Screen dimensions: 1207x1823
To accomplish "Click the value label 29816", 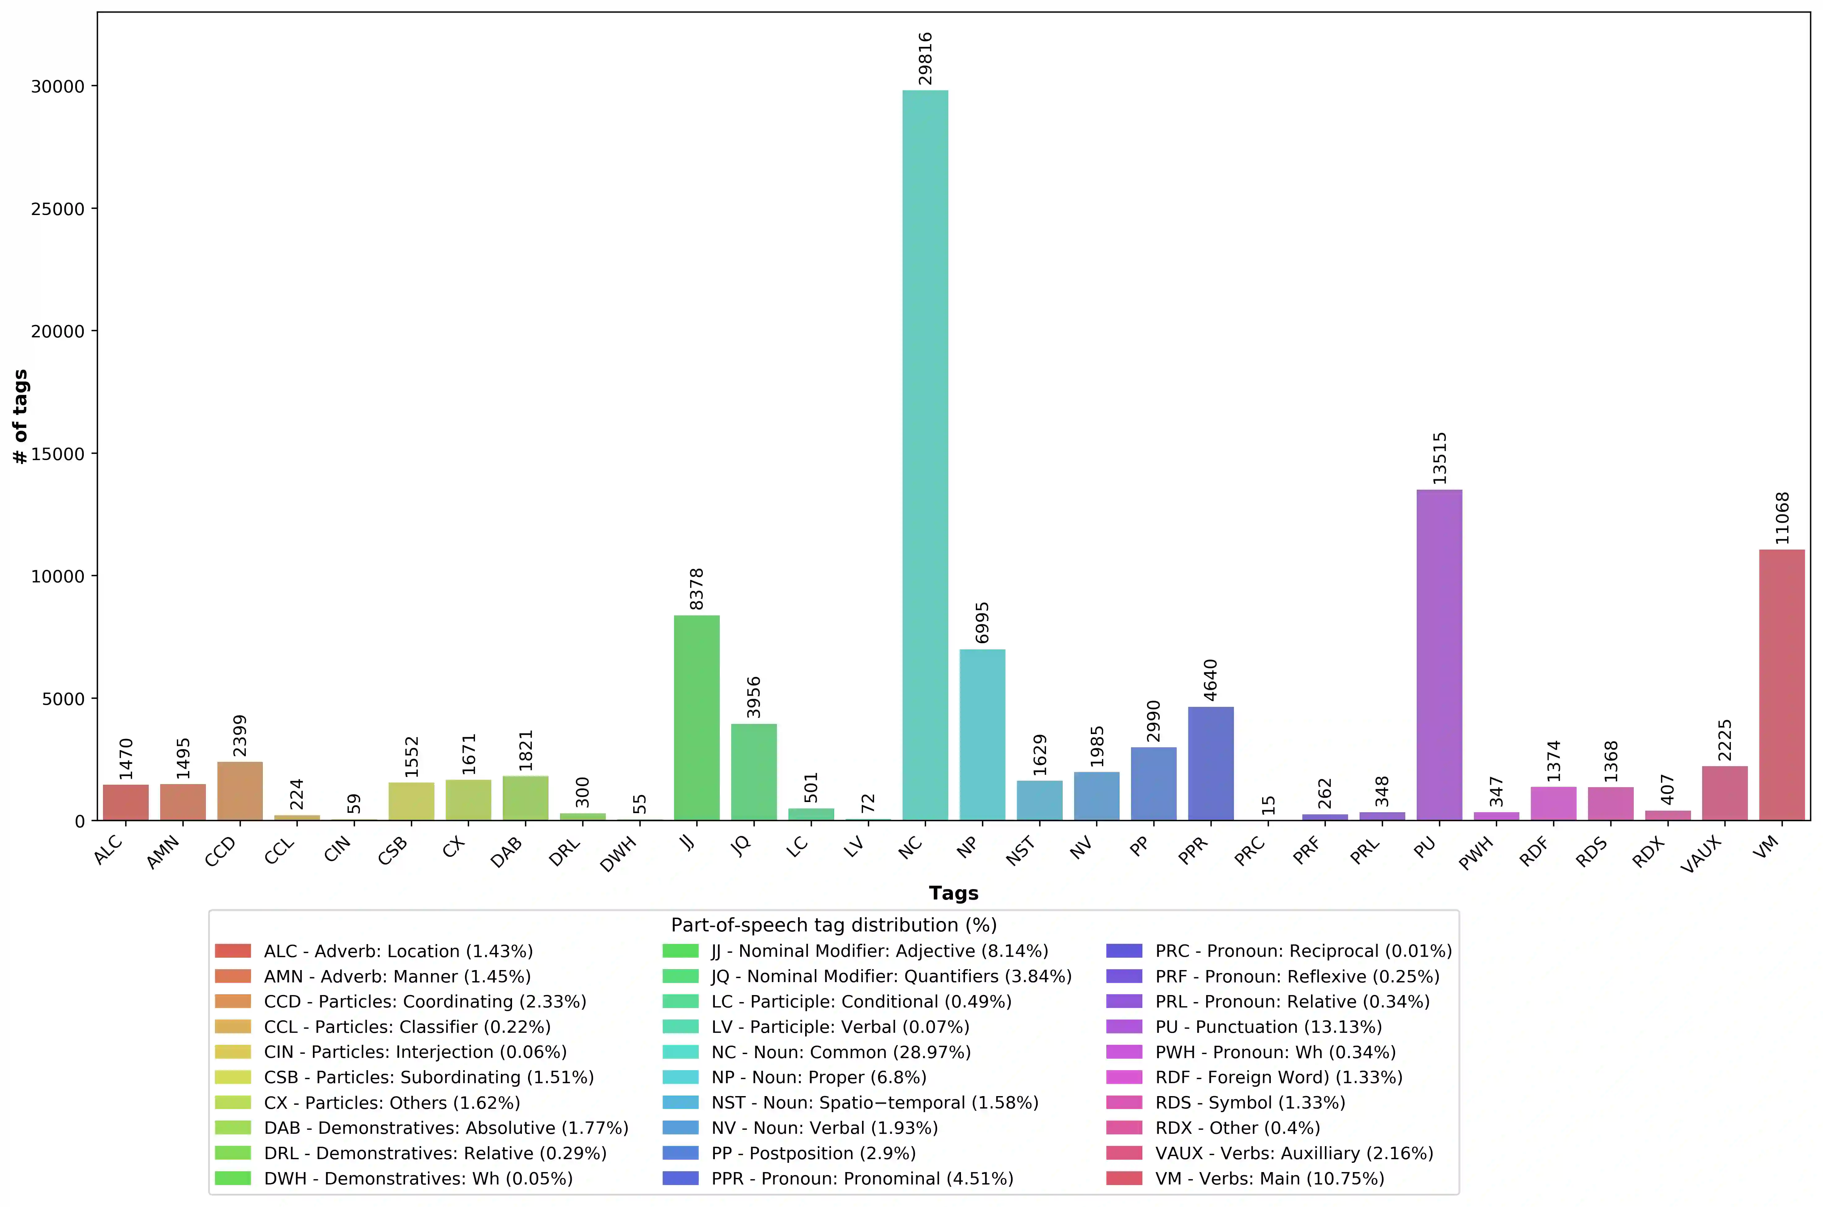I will click(x=925, y=58).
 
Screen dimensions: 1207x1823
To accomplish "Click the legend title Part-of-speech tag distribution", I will click(x=833, y=925).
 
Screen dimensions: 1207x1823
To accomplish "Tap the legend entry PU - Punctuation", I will click(x=1268, y=1027).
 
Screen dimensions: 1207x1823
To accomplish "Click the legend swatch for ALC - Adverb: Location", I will click(x=233, y=951).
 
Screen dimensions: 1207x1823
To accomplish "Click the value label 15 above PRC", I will click(x=1268, y=805).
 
